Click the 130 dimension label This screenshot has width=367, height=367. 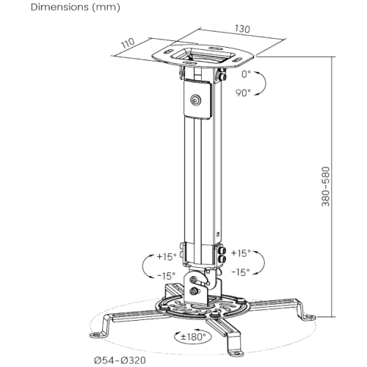click(x=242, y=29)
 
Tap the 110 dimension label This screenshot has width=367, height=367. click(x=128, y=43)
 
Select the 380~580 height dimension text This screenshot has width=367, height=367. click(x=325, y=186)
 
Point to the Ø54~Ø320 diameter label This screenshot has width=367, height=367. click(x=120, y=360)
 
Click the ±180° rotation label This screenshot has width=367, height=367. click(x=193, y=337)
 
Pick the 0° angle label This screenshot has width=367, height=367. click(x=246, y=74)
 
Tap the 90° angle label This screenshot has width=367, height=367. click(x=243, y=93)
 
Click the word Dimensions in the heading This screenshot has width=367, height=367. click(x=59, y=7)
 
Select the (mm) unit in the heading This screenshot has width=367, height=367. click(x=106, y=7)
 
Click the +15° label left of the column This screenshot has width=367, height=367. click(x=167, y=257)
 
